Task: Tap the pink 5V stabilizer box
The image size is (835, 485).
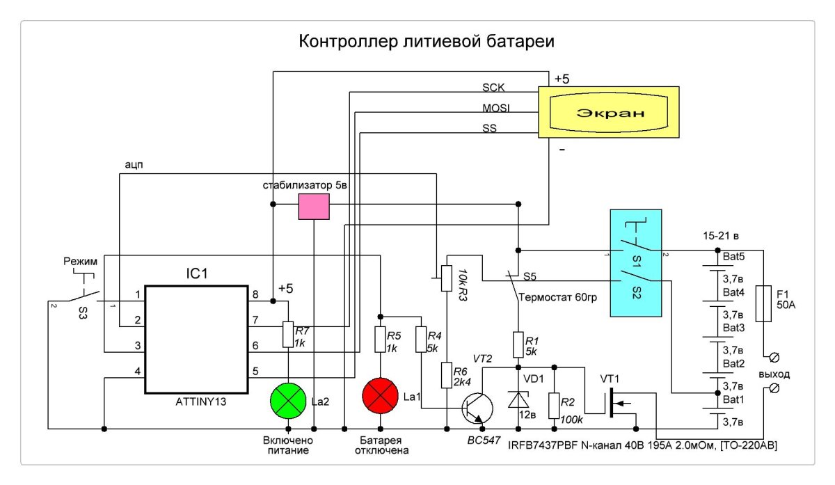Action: pos(313,206)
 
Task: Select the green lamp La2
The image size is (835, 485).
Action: pos(288,401)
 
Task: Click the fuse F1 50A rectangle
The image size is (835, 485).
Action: pos(763,303)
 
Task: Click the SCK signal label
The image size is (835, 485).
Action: pos(494,88)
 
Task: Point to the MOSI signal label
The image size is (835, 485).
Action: pos(496,108)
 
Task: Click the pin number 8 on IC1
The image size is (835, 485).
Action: pos(255,294)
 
